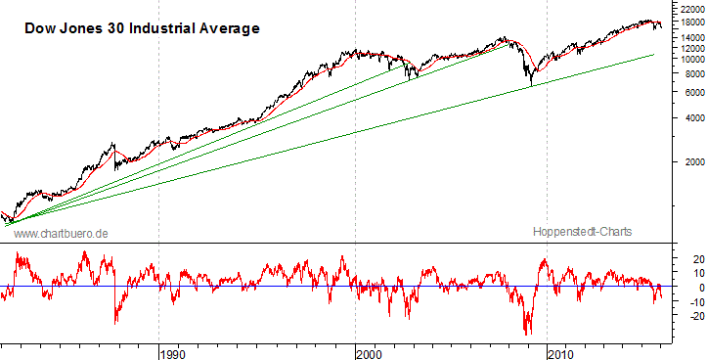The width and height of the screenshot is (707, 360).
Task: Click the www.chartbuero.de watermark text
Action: click(60, 233)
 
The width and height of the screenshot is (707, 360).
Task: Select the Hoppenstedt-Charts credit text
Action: click(583, 232)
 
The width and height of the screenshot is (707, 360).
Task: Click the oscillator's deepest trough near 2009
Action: click(529, 334)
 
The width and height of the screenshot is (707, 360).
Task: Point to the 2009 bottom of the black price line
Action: click(531, 86)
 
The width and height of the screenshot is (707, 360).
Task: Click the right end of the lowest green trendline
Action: click(653, 55)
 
